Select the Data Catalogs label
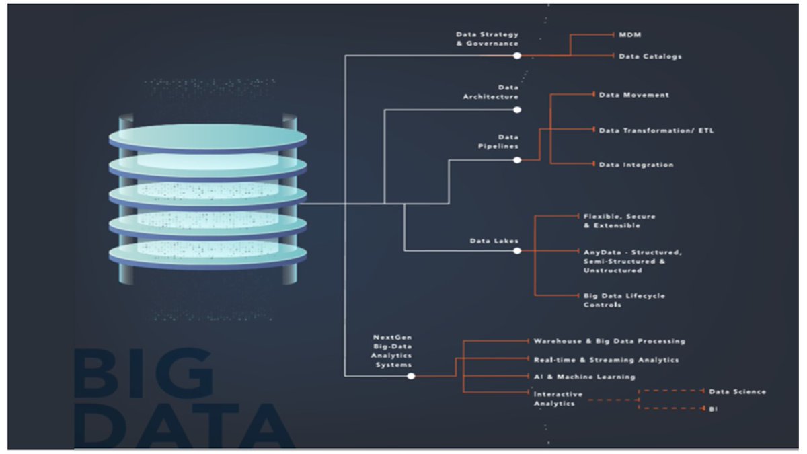[650, 56]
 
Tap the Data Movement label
[633, 95]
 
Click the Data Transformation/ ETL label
[656, 130]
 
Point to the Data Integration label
[636, 165]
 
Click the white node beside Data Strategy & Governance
[517, 56]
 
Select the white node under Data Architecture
[517, 109]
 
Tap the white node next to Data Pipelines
[517, 160]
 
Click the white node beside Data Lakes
[517, 251]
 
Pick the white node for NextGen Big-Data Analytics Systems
[411, 376]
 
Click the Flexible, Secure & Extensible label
[619, 221]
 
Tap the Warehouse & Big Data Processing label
[609, 342]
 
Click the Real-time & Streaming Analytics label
[606, 360]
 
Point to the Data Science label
[737, 391]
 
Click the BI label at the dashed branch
[713, 408]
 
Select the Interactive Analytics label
[558, 398]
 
